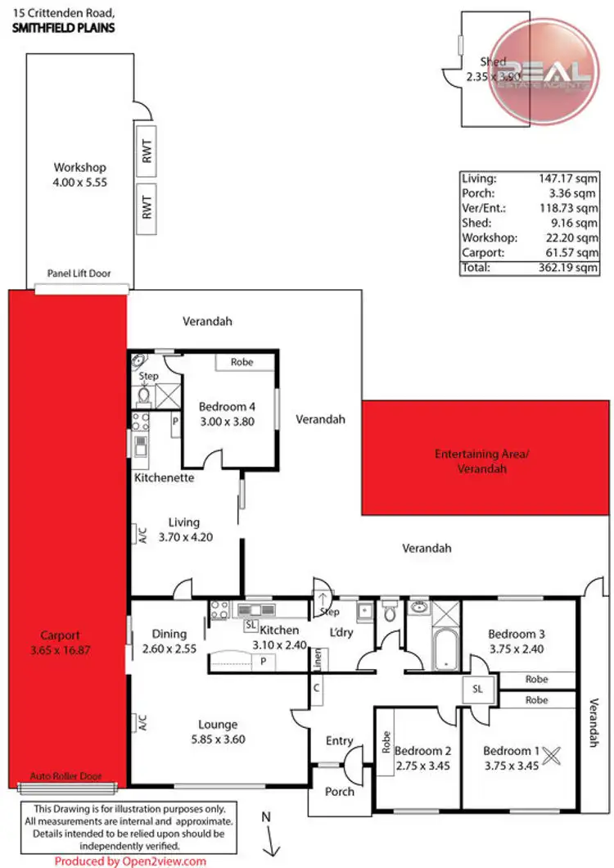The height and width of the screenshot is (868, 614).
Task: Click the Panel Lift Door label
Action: point(79,274)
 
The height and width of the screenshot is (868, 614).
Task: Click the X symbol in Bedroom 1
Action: point(551,754)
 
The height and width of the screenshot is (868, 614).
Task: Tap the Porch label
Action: point(340,791)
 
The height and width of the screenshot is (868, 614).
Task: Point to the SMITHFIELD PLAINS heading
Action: point(62,27)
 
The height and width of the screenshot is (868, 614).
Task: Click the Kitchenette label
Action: point(165,477)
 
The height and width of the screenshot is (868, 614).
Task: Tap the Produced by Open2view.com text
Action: point(131,861)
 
